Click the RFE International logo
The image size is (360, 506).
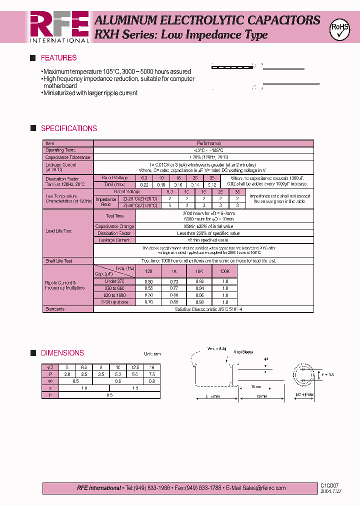(x=59, y=26)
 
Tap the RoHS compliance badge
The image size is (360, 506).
(x=339, y=29)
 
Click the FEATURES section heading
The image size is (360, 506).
(x=58, y=58)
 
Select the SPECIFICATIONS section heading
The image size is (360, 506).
(x=68, y=128)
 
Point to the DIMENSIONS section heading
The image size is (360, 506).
(x=62, y=353)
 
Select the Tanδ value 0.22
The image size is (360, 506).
(x=144, y=184)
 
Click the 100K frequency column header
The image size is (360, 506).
(x=224, y=271)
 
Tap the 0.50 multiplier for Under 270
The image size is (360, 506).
(x=148, y=281)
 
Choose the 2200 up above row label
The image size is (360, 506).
(x=114, y=302)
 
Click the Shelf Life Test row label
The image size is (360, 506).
(x=58, y=261)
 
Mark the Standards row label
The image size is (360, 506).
(x=55, y=309)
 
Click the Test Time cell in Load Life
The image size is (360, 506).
(x=114, y=216)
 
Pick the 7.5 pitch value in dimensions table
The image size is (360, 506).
(x=151, y=374)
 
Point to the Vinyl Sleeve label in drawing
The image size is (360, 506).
(x=243, y=352)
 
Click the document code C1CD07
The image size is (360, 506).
(x=330, y=485)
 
